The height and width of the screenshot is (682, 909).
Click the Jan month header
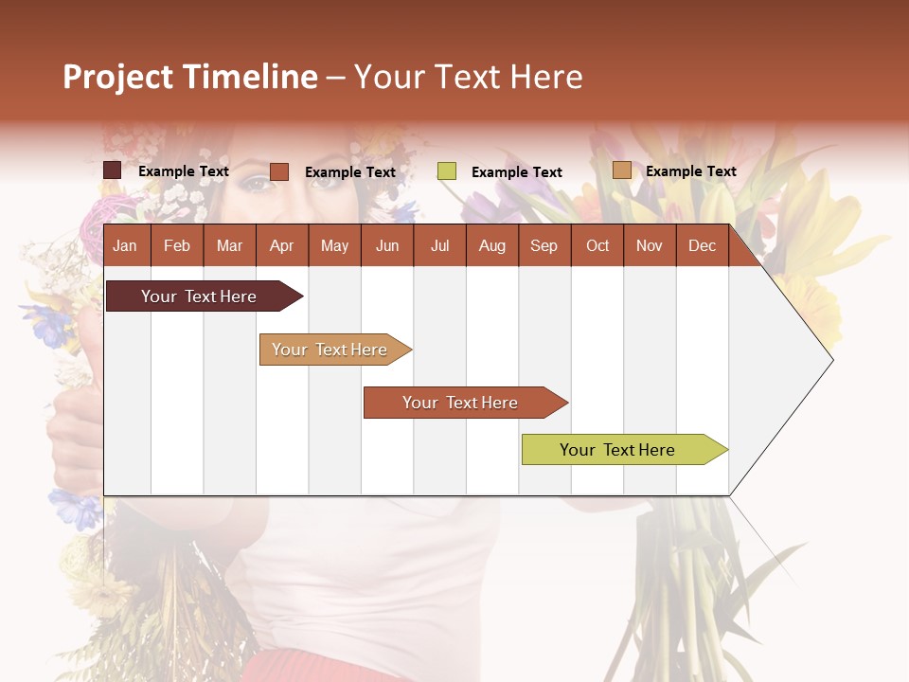pyautogui.click(x=125, y=246)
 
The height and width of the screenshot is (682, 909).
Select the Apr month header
pyautogui.click(x=281, y=246)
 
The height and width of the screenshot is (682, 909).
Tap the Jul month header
pyautogui.click(x=439, y=246)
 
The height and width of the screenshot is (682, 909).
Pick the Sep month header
pyautogui.click(x=544, y=246)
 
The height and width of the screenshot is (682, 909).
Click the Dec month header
pyautogui.click(x=702, y=246)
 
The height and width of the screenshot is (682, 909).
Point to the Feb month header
pyautogui.click(x=177, y=246)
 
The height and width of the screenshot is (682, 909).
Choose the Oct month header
pyautogui.click(x=597, y=246)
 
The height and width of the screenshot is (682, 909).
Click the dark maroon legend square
pyautogui.click(x=112, y=170)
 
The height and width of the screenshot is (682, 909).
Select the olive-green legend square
pyautogui.click(x=447, y=171)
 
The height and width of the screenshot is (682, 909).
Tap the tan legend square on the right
pyautogui.click(x=621, y=170)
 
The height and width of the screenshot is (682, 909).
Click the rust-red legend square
pyautogui.click(x=278, y=171)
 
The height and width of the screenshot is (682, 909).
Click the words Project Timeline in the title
pyautogui.click(x=190, y=77)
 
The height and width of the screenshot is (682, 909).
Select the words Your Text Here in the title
pyautogui.click(x=469, y=77)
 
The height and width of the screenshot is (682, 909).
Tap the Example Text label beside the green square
pyautogui.click(x=516, y=172)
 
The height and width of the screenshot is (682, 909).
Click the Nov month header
pyautogui.click(x=650, y=246)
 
